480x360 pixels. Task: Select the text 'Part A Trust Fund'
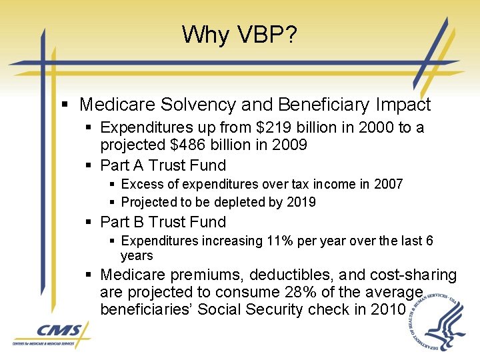pos(163,165)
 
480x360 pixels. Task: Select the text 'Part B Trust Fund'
pos(163,222)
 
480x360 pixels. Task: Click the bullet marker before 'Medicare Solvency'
pos(64,105)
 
